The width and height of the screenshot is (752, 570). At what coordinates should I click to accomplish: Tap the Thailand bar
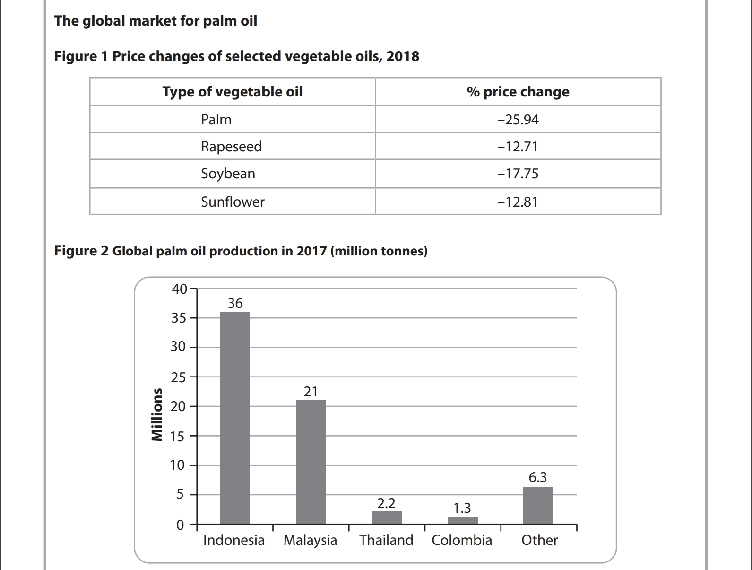tap(386, 517)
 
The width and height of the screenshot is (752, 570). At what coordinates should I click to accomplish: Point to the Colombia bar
tap(462, 520)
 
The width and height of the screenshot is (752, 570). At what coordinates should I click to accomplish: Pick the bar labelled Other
tap(538, 505)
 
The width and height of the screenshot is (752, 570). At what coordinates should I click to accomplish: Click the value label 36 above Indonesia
tap(235, 303)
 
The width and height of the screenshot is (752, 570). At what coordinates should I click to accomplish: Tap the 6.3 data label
tap(538, 477)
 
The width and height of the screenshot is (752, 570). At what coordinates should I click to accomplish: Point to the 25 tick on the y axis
tap(178, 377)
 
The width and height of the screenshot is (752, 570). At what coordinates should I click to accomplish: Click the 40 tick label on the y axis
tap(179, 289)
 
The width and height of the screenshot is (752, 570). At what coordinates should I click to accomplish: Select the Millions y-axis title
tap(156, 414)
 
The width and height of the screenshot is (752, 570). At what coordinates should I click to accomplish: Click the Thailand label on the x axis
tap(386, 540)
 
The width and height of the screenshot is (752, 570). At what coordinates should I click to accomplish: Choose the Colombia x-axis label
tap(462, 540)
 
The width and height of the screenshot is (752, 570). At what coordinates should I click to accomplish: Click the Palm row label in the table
tap(216, 119)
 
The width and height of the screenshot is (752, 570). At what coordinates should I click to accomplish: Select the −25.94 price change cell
tap(518, 119)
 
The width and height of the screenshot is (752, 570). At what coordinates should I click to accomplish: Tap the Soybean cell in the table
tap(228, 174)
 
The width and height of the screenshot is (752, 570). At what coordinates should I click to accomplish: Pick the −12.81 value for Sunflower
tap(518, 202)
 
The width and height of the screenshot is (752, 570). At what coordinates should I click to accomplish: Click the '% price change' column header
tap(518, 92)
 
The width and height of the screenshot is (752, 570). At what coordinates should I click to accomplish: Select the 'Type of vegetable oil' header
tap(232, 92)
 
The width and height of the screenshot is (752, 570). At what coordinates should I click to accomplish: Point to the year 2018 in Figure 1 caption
tap(403, 56)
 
